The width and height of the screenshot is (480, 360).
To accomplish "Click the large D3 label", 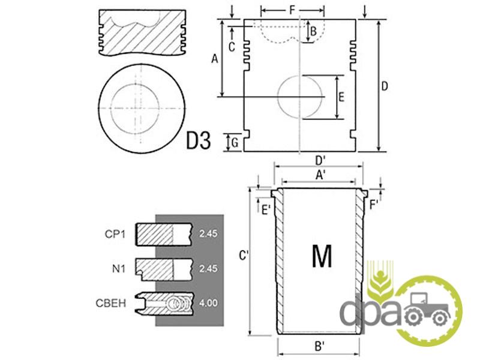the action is coord(199,140).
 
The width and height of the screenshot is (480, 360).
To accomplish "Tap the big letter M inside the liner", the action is coord(322,256).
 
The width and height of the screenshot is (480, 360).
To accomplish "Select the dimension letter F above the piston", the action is coord(292,10).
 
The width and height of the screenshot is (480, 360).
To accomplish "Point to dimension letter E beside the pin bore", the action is coord(341,97).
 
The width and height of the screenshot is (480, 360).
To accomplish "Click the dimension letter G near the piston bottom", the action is coord(235,143).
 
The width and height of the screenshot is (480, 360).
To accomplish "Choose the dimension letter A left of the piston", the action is coord(215,58).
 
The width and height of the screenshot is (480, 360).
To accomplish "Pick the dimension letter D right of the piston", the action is coord(385,86).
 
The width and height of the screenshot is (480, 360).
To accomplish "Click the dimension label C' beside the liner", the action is coord(244,256).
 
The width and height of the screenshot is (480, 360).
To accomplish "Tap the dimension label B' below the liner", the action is coord(319,346).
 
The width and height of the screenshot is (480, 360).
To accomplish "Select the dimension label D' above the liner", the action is coord(320,160).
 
